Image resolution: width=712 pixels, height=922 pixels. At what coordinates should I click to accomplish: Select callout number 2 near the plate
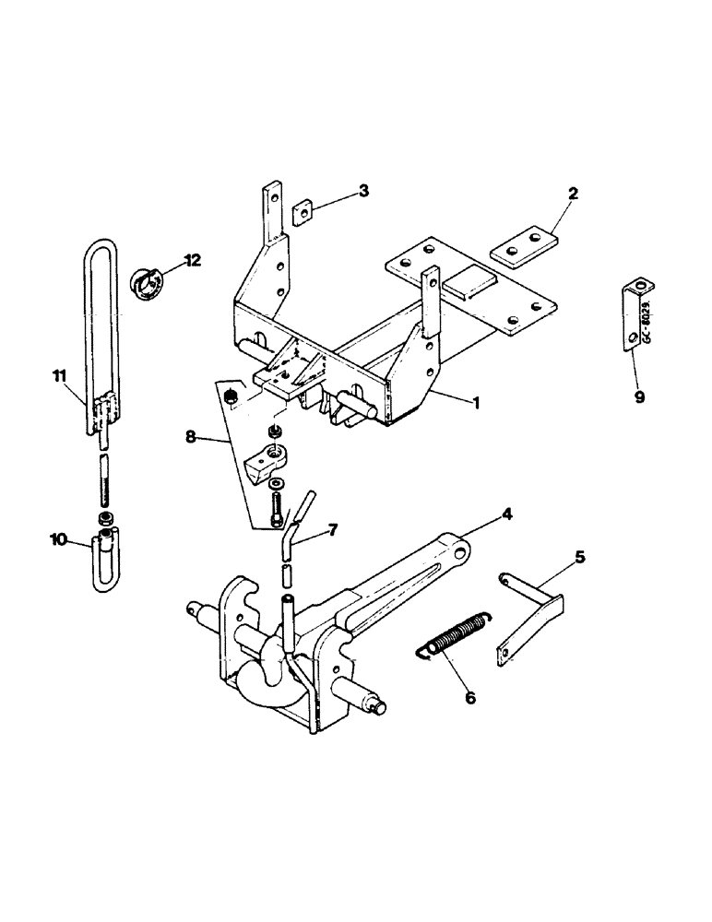[x=573, y=195]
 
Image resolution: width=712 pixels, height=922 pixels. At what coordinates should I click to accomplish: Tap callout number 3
[x=364, y=191]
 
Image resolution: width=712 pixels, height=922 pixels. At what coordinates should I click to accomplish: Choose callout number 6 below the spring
[x=469, y=699]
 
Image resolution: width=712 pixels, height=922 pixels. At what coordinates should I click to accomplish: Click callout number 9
[x=639, y=397]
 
